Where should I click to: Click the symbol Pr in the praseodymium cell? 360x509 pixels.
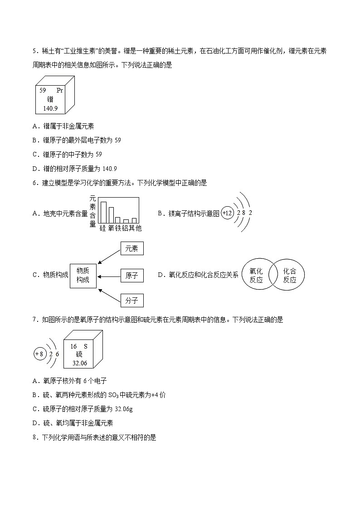(x=59, y=90)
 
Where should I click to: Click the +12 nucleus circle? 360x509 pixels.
(x=228, y=213)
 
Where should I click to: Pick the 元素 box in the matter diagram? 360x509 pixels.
(x=132, y=248)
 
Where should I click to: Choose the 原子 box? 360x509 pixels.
(x=132, y=276)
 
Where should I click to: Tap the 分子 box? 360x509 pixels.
(x=132, y=300)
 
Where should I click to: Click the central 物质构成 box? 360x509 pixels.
(x=83, y=276)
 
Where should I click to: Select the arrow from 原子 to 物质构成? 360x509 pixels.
(x=109, y=276)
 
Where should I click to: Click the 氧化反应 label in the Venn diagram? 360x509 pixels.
(x=256, y=275)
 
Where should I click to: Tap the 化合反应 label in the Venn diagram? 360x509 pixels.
(x=290, y=275)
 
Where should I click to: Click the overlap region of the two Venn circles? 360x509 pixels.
(x=273, y=275)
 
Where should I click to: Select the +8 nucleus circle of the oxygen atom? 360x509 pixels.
(x=40, y=354)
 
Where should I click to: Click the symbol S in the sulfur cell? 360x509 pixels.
(x=85, y=346)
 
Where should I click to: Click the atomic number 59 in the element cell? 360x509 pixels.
(x=43, y=90)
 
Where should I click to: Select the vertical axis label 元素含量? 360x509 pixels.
(x=92, y=211)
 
